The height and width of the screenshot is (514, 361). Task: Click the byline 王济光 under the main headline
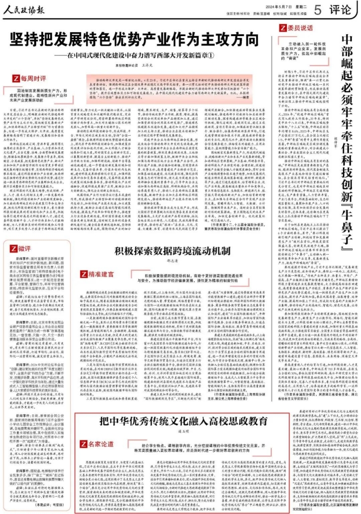coord(148,65)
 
